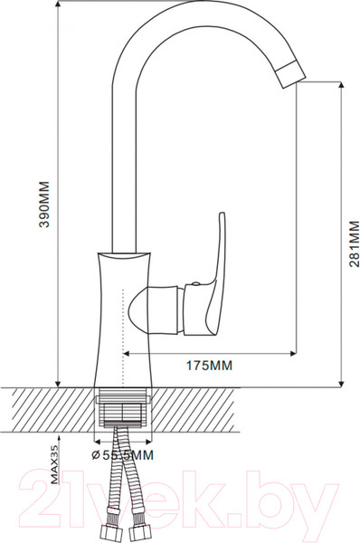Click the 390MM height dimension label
[44, 204]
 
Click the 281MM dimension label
[354, 243]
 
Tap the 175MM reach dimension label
[210, 366]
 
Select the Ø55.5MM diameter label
[123, 455]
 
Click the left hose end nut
[109, 533]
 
